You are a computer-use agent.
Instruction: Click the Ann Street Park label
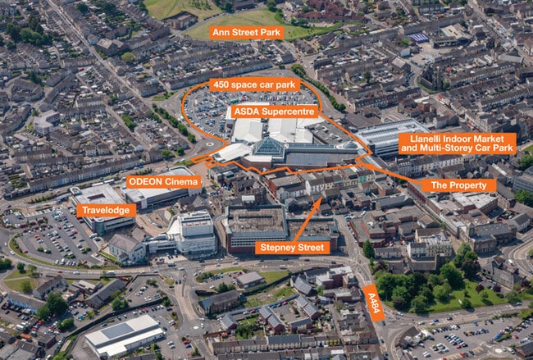pos(246,33)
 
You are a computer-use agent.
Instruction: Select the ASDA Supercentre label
pos(274,111)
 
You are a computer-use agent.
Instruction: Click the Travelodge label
pos(107,210)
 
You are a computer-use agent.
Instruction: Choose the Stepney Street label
pos(292,247)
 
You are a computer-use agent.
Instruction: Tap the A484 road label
pos(372,303)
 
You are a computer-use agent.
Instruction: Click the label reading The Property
pos(458,185)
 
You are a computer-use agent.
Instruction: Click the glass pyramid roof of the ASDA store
pos(267,148)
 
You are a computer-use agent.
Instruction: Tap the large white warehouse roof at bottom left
pos(123,335)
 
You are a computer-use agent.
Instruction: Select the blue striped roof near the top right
pos(418,38)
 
